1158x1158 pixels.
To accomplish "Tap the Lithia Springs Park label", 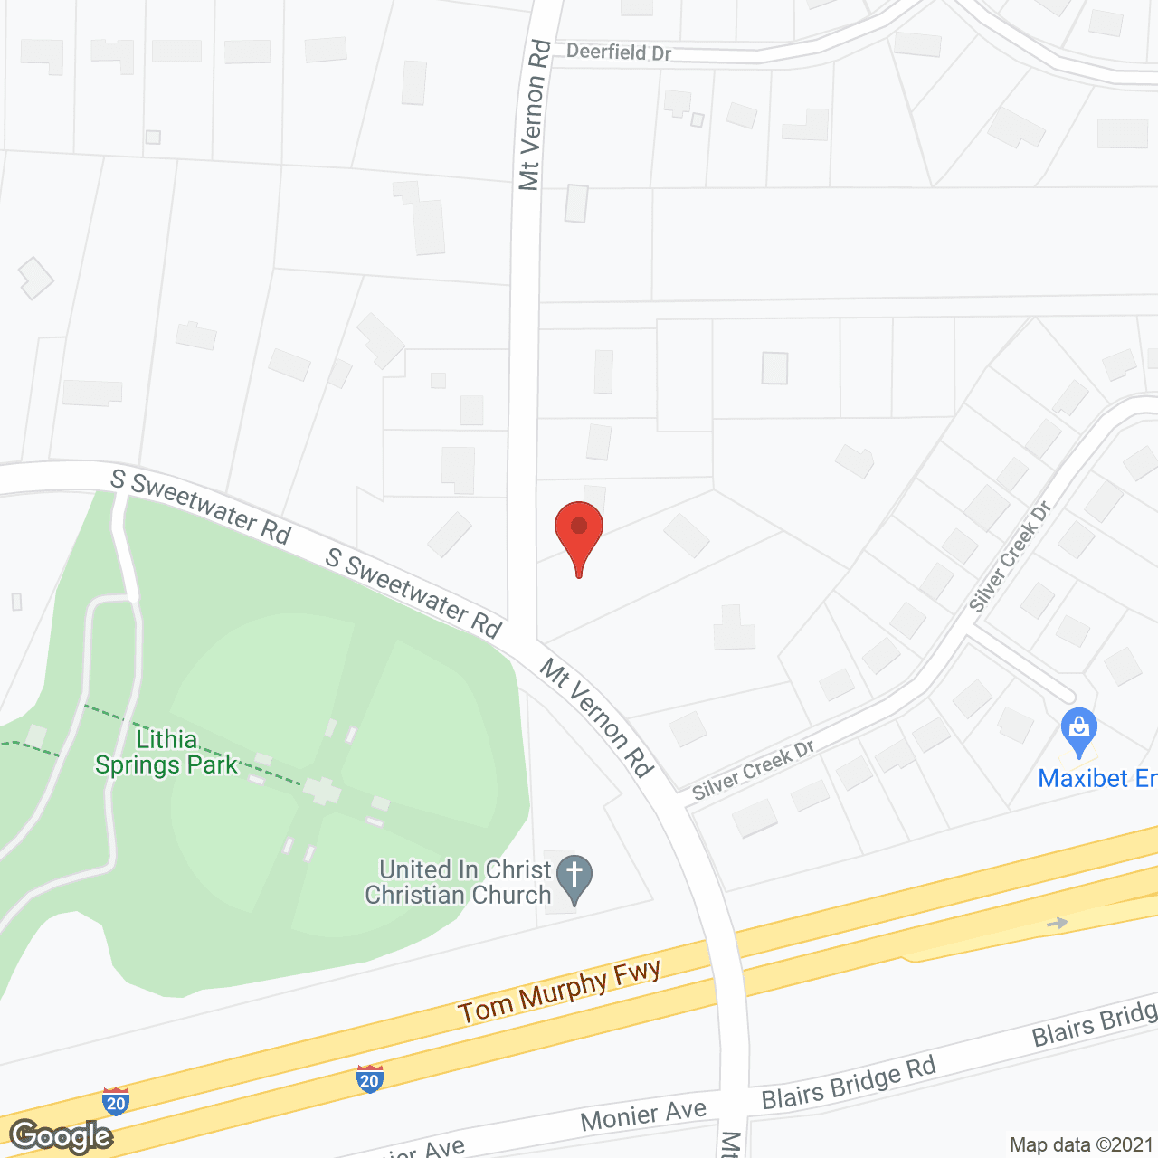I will pyautogui.click(x=166, y=753).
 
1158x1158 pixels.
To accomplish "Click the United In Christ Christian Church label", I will pyautogui.click(x=459, y=882).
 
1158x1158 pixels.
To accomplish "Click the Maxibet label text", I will pyautogui.click(x=1096, y=778).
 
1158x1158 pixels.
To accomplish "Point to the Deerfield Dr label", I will pyautogui.click(x=619, y=52).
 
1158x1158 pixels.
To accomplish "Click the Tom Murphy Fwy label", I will pyautogui.click(x=559, y=992).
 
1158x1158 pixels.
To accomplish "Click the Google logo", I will pyautogui.click(x=61, y=1136).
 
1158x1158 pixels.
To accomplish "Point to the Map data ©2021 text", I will pyautogui.click(x=1081, y=1145).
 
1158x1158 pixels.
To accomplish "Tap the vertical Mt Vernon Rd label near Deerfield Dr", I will pyautogui.click(x=534, y=114).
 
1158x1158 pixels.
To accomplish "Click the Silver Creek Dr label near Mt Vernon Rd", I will pyautogui.click(x=754, y=770).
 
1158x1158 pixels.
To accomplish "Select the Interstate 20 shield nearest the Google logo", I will pyautogui.click(x=116, y=1101).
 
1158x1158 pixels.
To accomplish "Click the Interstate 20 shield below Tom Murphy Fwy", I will pyautogui.click(x=369, y=1078).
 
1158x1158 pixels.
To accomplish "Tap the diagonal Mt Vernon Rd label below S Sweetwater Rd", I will pyautogui.click(x=597, y=717).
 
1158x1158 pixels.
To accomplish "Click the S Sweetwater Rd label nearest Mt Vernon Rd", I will pyautogui.click(x=413, y=593).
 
